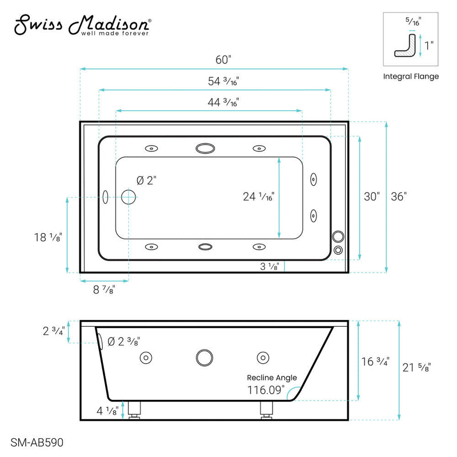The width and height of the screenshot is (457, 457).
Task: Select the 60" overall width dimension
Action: pos(214,59)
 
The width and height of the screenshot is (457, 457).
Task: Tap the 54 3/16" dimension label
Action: pos(214,81)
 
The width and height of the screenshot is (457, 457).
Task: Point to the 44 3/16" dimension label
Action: pos(214,102)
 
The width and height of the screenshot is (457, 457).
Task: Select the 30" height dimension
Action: pos(371,197)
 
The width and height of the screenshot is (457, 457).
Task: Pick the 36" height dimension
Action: pos(398,197)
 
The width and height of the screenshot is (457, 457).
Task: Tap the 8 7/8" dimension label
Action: pos(103,289)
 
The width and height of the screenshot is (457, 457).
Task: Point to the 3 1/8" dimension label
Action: pos(268,266)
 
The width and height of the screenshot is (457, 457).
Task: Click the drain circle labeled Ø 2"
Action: pos(129,198)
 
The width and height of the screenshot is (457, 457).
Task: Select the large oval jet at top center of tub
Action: pos(205,149)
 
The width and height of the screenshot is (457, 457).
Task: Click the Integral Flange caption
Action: pos(410,76)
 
